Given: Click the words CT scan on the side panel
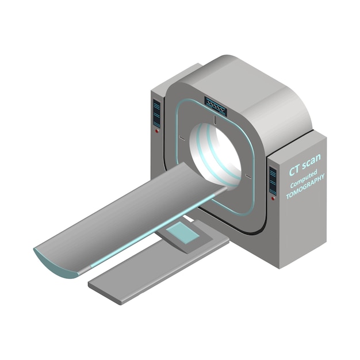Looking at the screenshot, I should point(305,161).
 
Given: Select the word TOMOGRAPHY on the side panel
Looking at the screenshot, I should point(305,187).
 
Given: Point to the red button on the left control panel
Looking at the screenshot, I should point(156,131).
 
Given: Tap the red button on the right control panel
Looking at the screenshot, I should point(271,197).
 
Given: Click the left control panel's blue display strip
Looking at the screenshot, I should point(156,113).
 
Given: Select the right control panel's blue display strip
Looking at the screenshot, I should point(271,178).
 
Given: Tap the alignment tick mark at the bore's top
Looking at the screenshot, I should point(214,121).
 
